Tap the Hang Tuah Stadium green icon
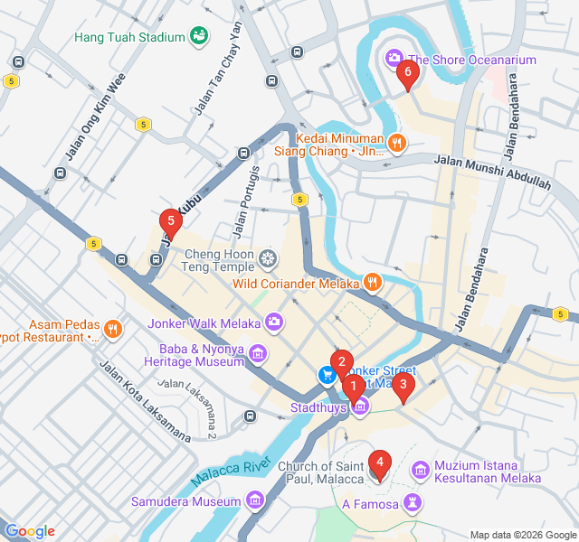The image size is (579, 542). (198, 37)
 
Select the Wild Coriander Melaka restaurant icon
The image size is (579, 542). (372, 283)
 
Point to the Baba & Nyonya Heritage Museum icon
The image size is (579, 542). (259, 352)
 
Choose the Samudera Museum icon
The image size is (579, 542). (254, 500)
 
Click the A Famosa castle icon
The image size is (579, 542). (413, 501)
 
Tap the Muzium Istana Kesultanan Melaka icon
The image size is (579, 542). (420, 471)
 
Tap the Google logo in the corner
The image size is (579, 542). (30, 531)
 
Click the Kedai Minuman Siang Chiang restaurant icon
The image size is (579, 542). (395, 143)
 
